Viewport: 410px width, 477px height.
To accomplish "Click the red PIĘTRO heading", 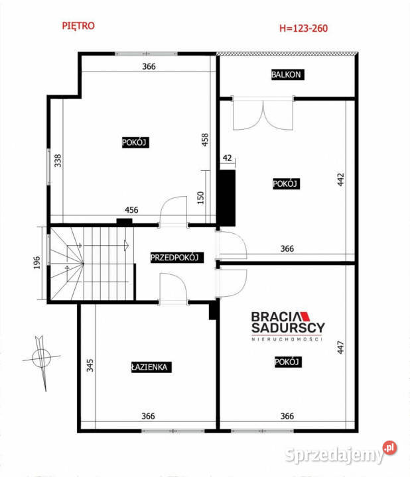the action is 78,26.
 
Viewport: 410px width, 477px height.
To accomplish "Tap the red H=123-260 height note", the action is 303,28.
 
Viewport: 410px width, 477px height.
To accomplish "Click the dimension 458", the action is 205,140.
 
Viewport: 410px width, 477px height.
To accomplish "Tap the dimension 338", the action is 58,160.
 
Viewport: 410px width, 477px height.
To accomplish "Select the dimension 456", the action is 131,210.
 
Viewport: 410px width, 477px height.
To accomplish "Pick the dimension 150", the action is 200,197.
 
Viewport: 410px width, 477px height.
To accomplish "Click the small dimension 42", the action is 228,158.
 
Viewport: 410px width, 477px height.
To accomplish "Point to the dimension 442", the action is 340,180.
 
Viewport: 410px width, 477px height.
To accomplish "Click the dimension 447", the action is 340,347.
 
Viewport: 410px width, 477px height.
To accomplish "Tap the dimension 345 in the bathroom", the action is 90,365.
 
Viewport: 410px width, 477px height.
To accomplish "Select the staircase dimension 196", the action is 36,262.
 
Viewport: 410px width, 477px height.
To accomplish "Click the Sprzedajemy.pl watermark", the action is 341,452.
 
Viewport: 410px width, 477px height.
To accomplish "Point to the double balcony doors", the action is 263,114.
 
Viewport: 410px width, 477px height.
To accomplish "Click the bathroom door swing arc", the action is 172,288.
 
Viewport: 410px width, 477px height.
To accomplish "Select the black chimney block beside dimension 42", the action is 227,197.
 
